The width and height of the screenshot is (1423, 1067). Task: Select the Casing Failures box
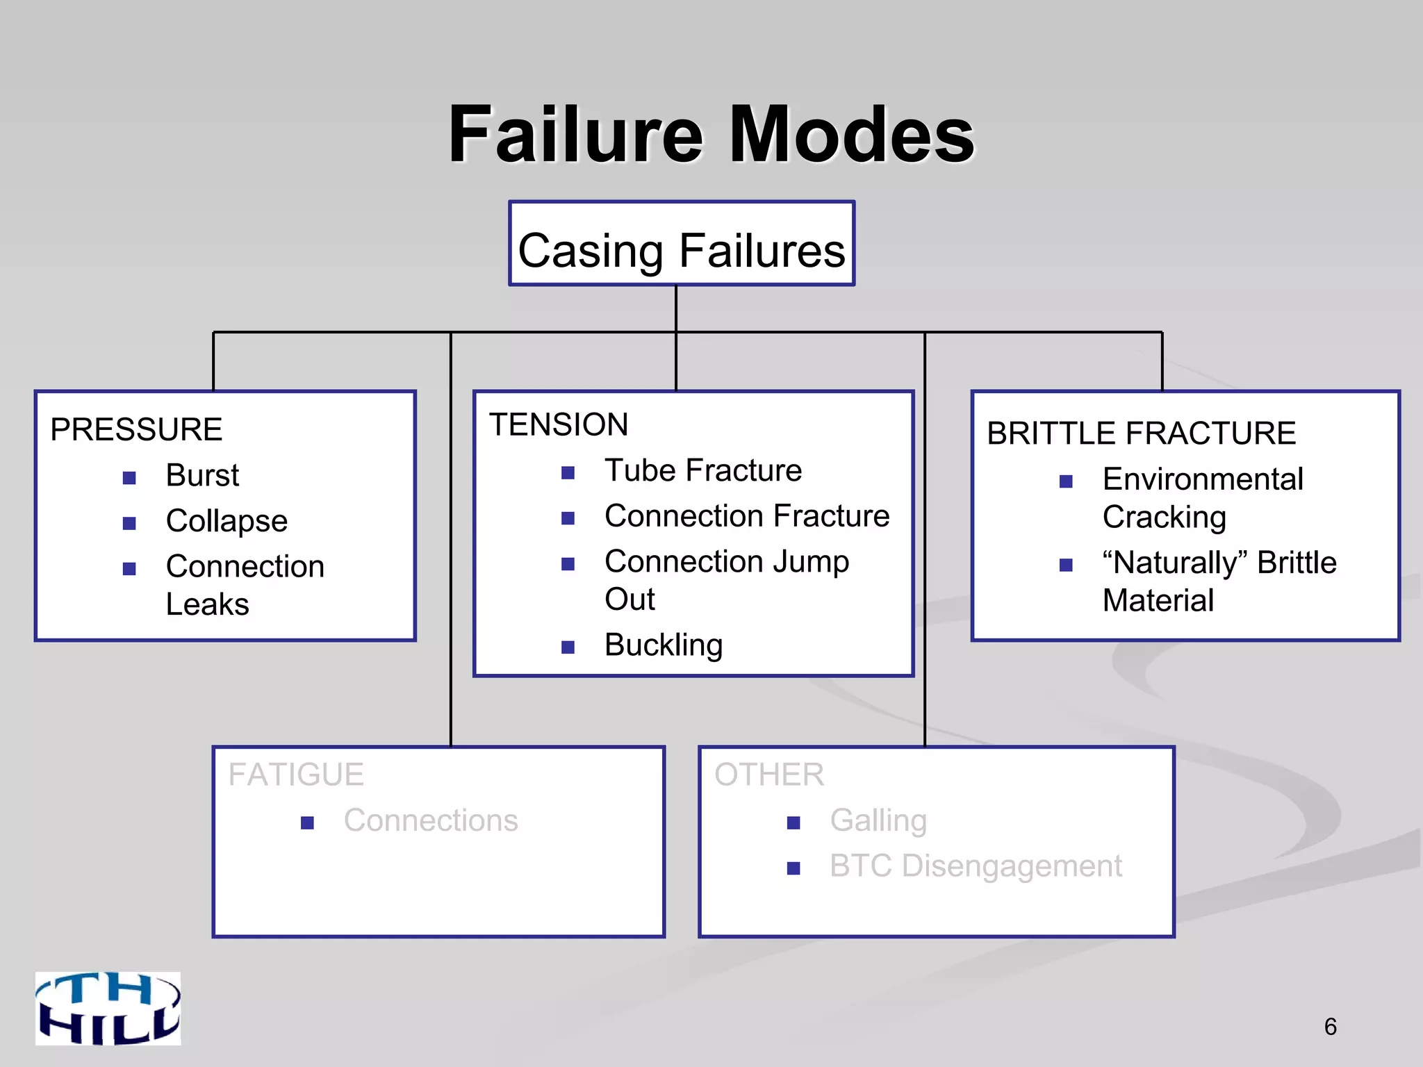[682, 244]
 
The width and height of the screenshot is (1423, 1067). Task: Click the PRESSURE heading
[136, 429]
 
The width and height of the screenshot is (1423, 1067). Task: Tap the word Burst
[202, 476]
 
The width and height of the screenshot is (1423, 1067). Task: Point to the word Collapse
[227, 521]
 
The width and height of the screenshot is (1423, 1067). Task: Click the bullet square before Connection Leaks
[129, 569]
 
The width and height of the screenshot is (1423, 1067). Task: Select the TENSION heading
[559, 424]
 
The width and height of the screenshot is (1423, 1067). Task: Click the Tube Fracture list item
[703, 471]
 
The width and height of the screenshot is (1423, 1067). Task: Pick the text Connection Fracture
[747, 516]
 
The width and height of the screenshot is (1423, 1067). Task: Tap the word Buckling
[664, 645]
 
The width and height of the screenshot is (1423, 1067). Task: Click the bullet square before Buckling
[568, 647]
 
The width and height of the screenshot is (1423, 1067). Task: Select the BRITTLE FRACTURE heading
[1142, 433]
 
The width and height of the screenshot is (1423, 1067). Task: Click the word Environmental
[1203, 479]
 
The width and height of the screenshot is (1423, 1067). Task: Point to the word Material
[1158, 600]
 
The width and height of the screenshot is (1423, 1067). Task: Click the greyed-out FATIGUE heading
[296, 775]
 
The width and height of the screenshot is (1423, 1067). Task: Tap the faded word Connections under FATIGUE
[431, 820]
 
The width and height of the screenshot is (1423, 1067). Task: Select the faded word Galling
[878, 820]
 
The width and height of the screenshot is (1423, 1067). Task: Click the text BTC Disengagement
[976, 866]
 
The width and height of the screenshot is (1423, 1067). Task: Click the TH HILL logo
[108, 1008]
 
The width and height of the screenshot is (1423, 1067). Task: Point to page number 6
[1330, 1027]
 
